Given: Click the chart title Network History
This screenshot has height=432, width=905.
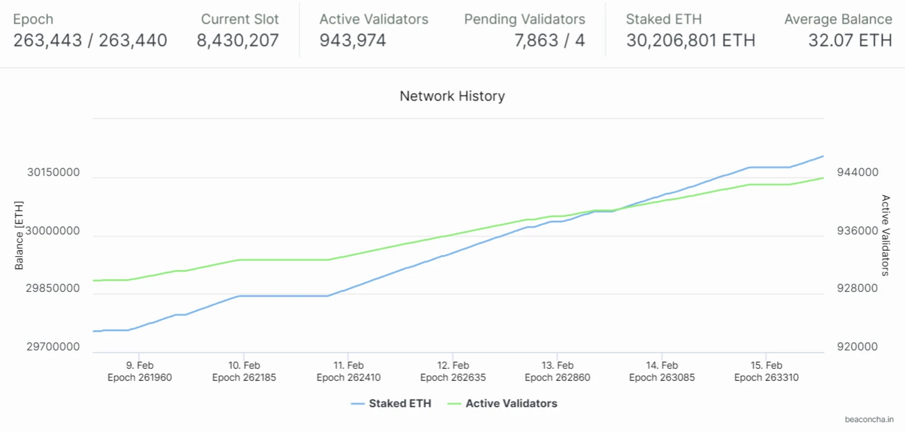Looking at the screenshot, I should click(x=452, y=96).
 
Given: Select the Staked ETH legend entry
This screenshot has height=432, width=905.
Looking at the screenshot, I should click(x=399, y=403).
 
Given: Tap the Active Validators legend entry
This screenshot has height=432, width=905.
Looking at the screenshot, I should click(x=511, y=403).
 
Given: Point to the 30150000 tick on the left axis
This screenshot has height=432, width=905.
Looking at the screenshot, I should click(x=53, y=172).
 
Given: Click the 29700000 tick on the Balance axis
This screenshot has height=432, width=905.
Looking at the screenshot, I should click(x=53, y=346).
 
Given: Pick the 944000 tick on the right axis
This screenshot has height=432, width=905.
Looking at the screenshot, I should click(x=857, y=172).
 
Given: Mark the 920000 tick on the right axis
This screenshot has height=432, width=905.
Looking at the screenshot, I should click(x=857, y=346).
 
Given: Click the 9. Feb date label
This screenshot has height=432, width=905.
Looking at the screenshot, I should click(x=139, y=365).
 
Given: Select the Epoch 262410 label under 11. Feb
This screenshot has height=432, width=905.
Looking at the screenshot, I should click(x=348, y=377).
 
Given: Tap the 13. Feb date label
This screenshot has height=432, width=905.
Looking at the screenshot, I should click(x=557, y=365).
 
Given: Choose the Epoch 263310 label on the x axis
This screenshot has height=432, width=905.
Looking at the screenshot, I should click(x=766, y=377).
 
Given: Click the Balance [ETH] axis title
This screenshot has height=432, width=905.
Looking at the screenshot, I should click(x=19, y=235).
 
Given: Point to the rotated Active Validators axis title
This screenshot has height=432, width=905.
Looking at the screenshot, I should click(x=885, y=235).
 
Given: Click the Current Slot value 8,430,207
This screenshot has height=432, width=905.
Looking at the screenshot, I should click(x=238, y=40).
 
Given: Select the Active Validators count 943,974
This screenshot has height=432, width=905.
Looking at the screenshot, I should click(x=352, y=40).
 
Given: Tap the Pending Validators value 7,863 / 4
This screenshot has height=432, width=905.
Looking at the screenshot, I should click(x=549, y=40).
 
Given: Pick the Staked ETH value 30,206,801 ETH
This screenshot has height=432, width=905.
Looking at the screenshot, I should click(x=690, y=40).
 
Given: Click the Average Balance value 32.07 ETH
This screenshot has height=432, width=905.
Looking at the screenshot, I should click(x=850, y=40).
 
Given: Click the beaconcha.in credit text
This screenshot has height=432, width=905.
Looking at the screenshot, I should click(x=869, y=419).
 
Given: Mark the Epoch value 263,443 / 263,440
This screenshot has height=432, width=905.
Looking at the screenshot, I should click(x=90, y=40).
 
